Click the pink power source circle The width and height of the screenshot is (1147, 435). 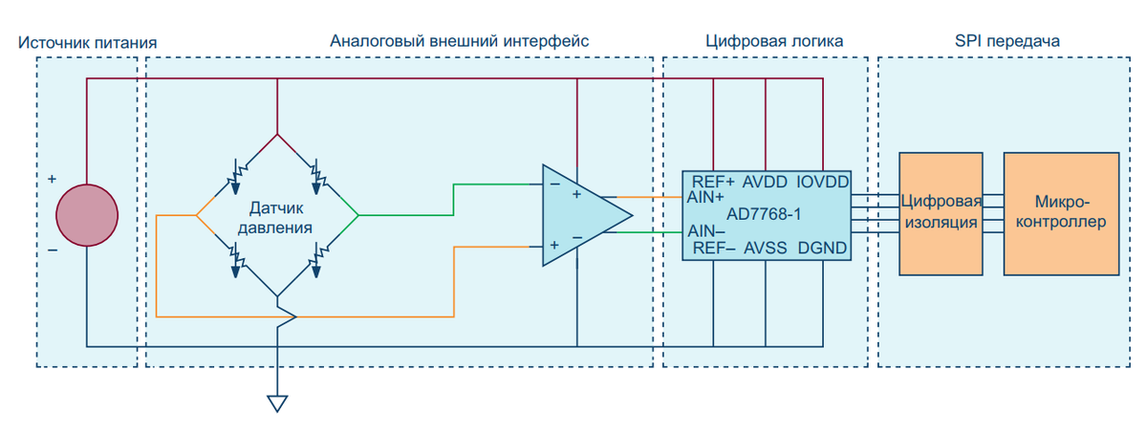pos(87,216)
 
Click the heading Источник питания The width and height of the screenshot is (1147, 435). pos(87,42)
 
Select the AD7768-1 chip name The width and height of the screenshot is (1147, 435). pos(764,214)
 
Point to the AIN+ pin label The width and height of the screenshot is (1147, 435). pos(705,198)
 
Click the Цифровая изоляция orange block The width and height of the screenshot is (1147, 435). pos(942,212)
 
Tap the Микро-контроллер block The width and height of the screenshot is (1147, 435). pos(1061,212)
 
